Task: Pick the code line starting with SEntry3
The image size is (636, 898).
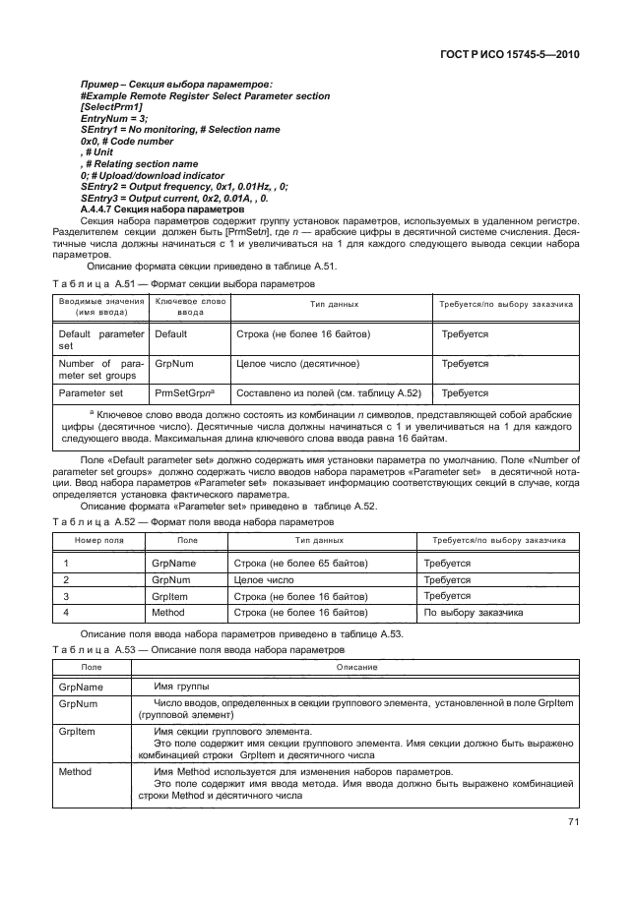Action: click(181, 198)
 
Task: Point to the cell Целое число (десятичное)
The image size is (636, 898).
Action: click(297, 364)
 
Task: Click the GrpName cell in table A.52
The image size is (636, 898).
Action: click(174, 564)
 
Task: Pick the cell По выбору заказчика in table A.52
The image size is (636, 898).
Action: click(473, 613)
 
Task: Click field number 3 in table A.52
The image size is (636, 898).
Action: click(66, 596)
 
